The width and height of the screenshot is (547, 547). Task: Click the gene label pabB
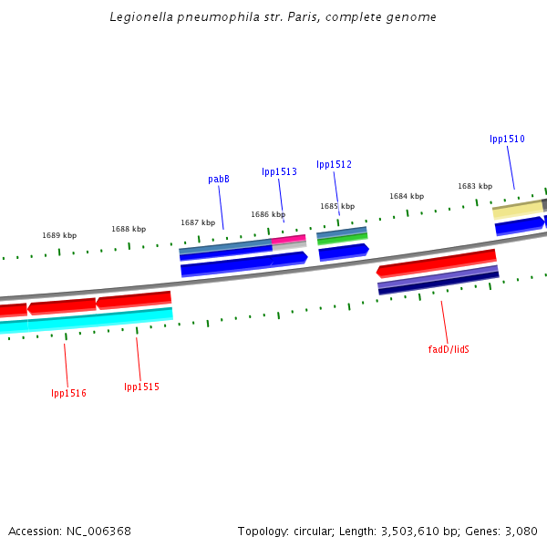[x=219, y=180]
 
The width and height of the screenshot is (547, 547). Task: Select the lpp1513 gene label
[x=279, y=171]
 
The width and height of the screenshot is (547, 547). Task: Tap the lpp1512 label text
[x=334, y=164]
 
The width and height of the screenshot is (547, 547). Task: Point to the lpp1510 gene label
[x=507, y=139]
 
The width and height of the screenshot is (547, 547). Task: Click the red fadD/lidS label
[x=449, y=349]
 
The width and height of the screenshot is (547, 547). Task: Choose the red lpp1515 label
[x=141, y=387]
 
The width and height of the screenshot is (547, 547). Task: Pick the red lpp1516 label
[x=68, y=393]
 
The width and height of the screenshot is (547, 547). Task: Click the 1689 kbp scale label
[x=59, y=235]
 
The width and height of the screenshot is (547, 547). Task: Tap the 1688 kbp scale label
[x=129, y=229]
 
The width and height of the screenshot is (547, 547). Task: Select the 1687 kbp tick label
[x=198, y=222]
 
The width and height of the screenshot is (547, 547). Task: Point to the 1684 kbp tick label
[x=407, y=196]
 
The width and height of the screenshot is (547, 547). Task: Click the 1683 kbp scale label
[x=475, y=186]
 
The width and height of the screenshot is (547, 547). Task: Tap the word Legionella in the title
[x=139, y=16]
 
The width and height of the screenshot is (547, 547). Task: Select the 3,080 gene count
[x=521, y=531]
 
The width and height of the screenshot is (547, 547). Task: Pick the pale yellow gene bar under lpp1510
[x=518, y=210]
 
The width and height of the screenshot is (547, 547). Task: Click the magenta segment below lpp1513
[x=289, y=239]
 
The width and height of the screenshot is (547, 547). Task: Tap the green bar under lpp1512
[x=343, y=239]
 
